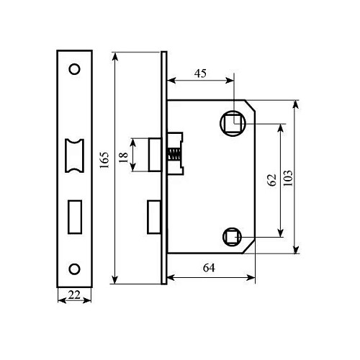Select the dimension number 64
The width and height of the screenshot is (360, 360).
click(x=209, y=269)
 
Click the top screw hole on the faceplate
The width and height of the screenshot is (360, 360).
click(x=73, y=70)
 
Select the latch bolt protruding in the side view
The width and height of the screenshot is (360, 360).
click(x=154, y=153)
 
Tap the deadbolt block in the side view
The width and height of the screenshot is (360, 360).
click(x=153, y=217)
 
